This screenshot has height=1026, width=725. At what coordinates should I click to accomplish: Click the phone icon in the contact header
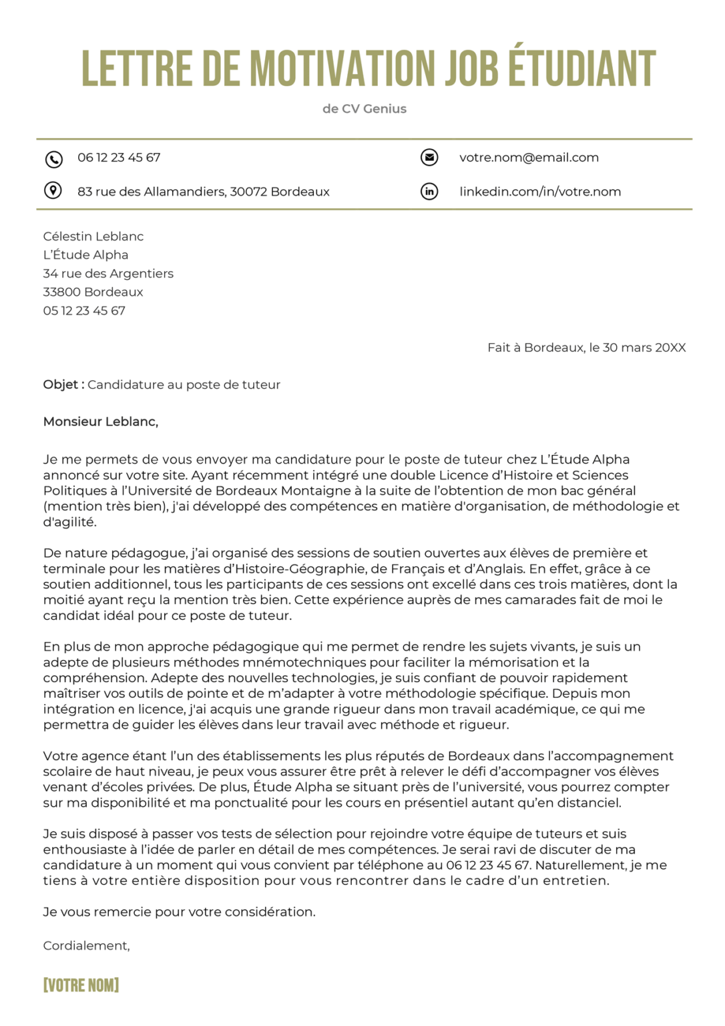point(53,159)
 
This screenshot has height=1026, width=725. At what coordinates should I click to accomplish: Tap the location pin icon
point(53,191)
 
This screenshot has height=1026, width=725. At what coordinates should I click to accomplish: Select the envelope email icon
point(429,158)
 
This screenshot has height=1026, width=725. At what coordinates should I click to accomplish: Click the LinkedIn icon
point(429,192)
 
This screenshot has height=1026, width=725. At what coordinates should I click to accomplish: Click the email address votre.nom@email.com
point(529,158)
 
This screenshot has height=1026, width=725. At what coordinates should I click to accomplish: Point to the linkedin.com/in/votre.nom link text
point(540,192)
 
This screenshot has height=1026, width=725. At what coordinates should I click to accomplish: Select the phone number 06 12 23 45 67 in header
point(119,158)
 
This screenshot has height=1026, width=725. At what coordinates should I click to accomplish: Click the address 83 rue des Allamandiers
point(203,192)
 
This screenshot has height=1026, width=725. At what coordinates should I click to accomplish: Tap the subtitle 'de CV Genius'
point(364,109)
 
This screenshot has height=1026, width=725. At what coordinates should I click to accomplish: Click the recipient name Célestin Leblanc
point(93,236)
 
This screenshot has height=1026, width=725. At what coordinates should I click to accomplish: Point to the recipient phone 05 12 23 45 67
point(84,311)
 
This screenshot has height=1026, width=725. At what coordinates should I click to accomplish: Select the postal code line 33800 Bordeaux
point(93,292)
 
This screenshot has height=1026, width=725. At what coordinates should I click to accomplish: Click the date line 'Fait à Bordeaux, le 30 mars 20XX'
point(586,347)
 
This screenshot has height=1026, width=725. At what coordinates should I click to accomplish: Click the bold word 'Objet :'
point(63,385)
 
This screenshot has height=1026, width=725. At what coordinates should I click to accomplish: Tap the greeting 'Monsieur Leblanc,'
point(101,421)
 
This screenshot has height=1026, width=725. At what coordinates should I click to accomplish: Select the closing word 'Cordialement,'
point(86,946)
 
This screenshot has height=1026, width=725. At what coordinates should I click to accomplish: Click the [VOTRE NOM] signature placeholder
point(81,985)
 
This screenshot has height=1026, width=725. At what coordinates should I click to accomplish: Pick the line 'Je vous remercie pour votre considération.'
point(179,912)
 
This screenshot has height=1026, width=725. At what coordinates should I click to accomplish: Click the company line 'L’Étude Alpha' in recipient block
point(85,255)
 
